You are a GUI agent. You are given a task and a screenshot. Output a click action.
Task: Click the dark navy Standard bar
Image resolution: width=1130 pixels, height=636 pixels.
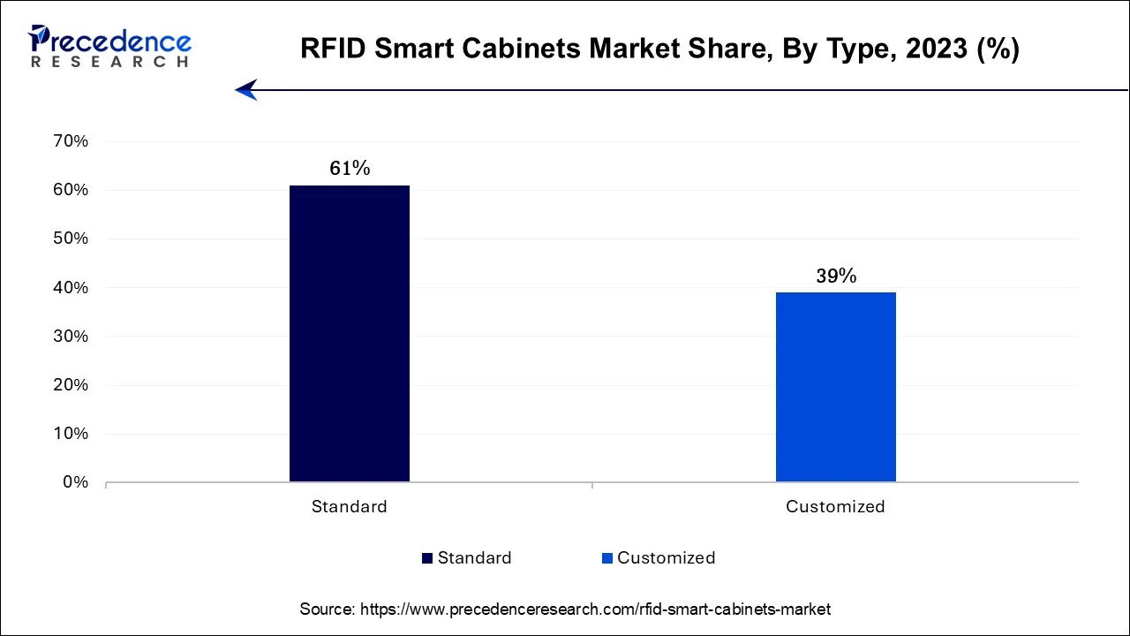click(350, 334)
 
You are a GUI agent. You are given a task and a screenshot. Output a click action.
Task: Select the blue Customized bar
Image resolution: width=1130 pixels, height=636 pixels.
click(835, 387)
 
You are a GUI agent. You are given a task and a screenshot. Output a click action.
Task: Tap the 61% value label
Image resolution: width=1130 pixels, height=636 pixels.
click(350, 169)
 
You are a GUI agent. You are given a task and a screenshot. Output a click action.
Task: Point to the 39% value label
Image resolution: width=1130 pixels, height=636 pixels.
click(836, 276)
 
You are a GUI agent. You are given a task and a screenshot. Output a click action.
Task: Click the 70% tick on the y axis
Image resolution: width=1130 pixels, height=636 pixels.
click(71, 141)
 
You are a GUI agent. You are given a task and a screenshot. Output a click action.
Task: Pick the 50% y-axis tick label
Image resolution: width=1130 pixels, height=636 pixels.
click(71, 238)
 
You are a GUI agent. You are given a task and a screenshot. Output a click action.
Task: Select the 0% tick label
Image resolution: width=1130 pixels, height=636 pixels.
click(74, 482)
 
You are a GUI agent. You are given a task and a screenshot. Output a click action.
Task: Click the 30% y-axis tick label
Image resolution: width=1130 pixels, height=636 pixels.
click(71, 337)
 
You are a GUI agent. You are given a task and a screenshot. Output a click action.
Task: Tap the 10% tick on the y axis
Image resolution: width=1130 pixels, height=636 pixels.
click(71, 434)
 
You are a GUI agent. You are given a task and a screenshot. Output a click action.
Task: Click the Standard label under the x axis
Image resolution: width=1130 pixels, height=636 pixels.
click(349, 507)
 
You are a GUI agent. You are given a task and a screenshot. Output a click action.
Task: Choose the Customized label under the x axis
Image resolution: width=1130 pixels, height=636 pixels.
click(835, 507)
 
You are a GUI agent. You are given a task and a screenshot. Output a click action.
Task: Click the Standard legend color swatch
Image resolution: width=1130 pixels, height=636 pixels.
click(428, 558)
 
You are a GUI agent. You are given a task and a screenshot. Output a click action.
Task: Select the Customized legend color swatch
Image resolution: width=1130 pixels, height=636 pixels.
click(607, 558)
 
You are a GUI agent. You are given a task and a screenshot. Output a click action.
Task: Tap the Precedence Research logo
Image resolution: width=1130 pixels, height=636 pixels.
click(109, 46)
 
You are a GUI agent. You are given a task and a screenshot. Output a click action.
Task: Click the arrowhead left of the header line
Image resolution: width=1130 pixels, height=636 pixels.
click(245, 89)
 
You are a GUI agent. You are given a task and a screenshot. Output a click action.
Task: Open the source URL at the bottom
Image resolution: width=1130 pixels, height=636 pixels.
click(596, 609)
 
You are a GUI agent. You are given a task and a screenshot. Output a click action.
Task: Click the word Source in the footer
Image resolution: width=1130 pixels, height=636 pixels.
click(327, 609)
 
